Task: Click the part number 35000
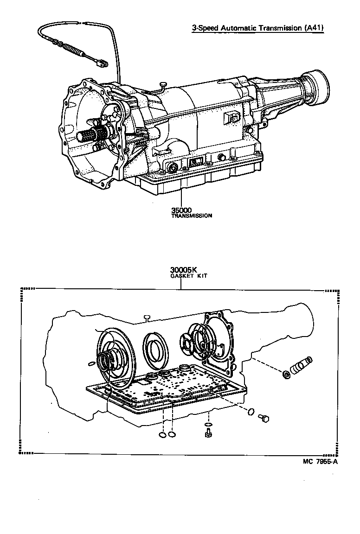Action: click(x=181, y=210)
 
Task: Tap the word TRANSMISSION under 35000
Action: click(x=192, y=216)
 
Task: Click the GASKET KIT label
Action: click(x=189, y=276)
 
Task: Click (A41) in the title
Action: click(x=313, y=28)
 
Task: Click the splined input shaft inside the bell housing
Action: click(x=90, y=136)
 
